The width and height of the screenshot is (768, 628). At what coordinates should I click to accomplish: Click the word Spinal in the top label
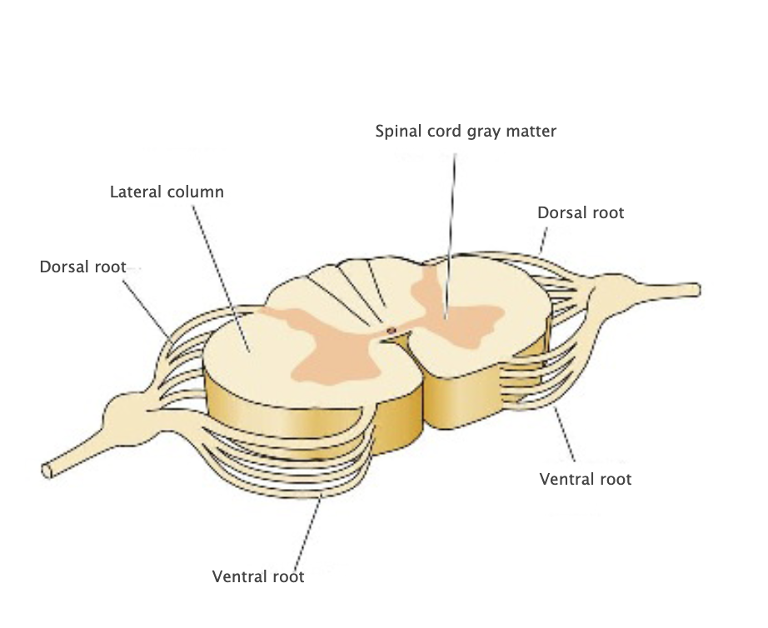(396, 132)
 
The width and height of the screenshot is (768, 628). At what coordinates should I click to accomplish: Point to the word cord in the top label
(436, 132)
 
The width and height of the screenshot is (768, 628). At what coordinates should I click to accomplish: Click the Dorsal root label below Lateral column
(82, 267)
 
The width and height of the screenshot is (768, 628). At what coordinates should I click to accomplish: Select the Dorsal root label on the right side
(581, 212)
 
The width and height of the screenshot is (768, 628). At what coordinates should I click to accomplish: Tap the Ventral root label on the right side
(586, 479)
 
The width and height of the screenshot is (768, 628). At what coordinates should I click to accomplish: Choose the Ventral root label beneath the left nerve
(258, 576)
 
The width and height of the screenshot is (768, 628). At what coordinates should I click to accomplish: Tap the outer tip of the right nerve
(695, 290)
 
